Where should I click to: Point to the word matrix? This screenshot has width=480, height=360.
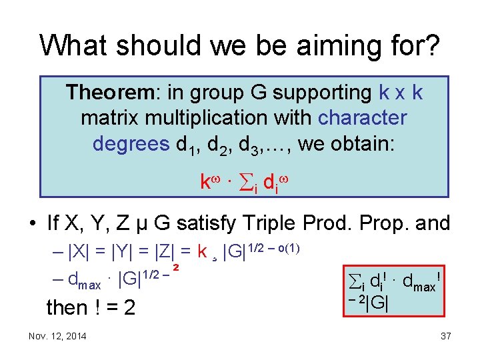pos(109,118)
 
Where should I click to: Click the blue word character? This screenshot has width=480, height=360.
pos(362,118)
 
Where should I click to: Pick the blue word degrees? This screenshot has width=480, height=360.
pos(131,143)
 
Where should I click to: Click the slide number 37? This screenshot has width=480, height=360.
pos(446,336)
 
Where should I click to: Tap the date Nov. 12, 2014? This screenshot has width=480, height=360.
pos(57,336)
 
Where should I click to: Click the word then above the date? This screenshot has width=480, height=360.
pos(67,307)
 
